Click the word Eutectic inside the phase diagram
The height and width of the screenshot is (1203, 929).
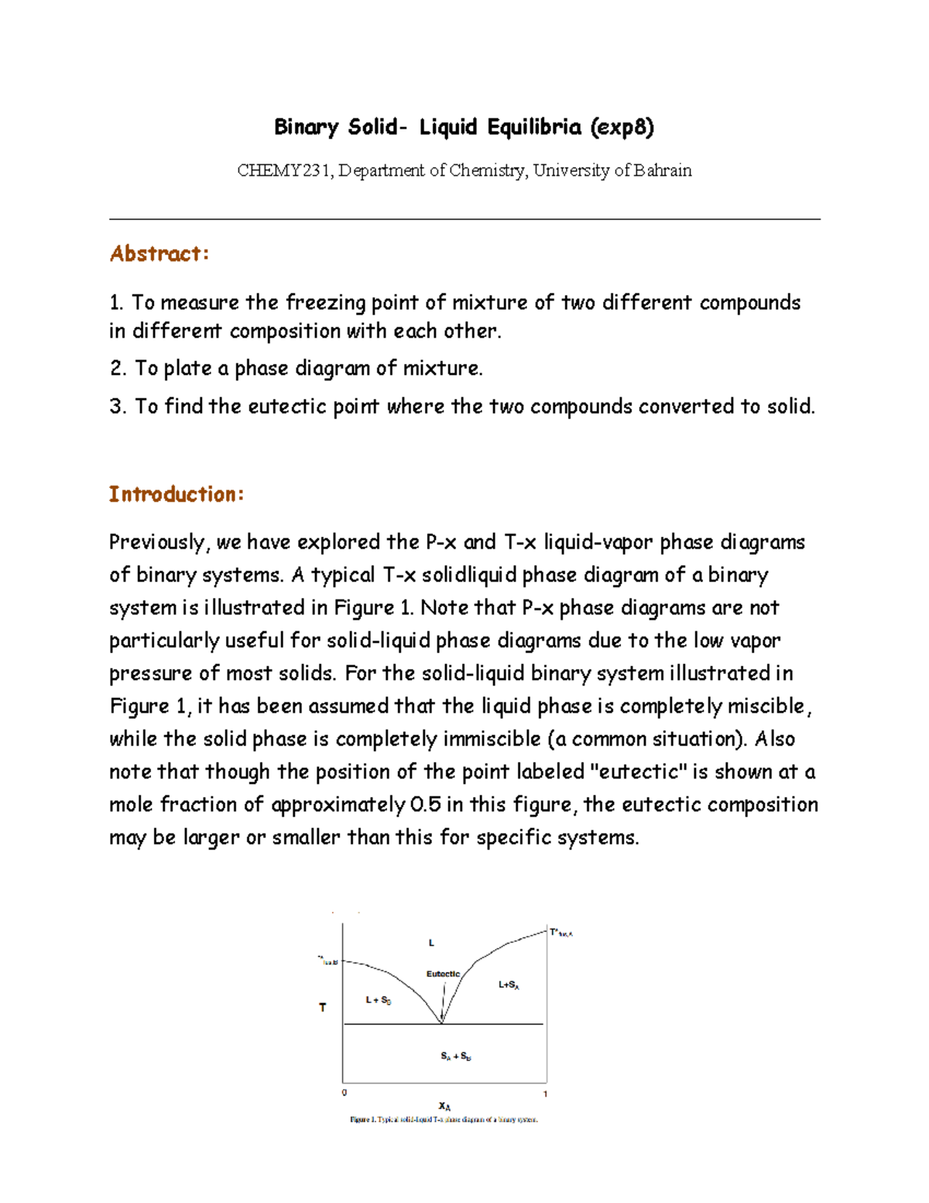click(443, 974)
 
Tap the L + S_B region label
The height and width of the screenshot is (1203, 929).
click(379, 1000)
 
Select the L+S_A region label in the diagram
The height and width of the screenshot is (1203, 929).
click(509, 985)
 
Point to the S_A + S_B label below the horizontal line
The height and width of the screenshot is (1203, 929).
click(456, 1056)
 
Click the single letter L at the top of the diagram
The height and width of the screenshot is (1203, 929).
click(431, 943)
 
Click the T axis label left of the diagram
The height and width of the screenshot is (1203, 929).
click(323, 1008)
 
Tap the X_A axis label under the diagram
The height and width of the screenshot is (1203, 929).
click(444, 1106)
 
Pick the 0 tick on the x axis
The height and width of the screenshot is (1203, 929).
click(345, 1093)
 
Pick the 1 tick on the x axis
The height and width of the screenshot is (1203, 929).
click(546, 1094)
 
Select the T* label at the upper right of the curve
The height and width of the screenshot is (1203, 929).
click(560, 933)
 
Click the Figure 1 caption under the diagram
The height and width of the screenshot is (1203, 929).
click(444, 1119)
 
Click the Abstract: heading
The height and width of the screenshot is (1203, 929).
click(159, 253)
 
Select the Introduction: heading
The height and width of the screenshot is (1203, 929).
click(176, 494)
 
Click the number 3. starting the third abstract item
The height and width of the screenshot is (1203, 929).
click(118, 407)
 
